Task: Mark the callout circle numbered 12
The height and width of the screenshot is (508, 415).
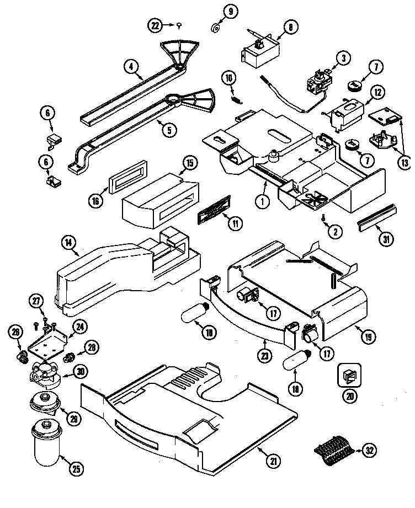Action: pos(376,93)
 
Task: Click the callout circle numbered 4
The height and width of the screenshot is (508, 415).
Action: pos(131,67)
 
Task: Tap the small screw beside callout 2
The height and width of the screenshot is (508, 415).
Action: pos(324,218)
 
